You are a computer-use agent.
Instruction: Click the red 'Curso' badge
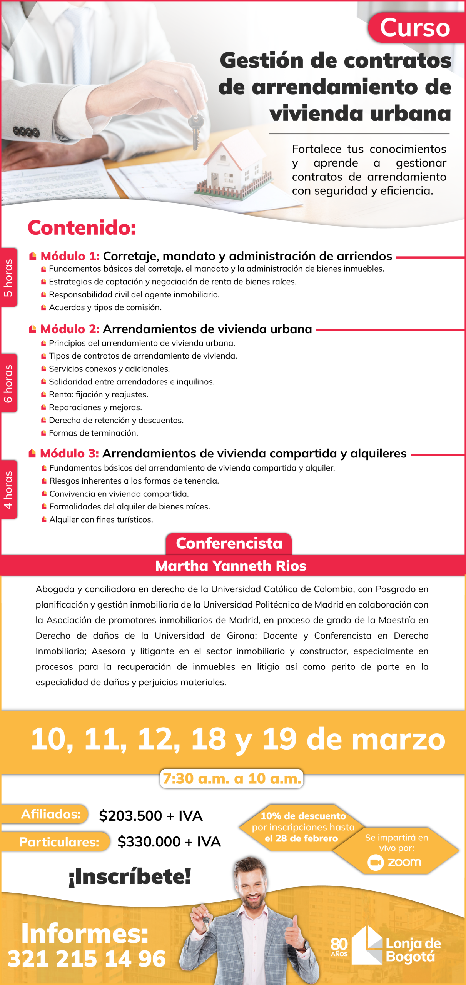click(416, 28)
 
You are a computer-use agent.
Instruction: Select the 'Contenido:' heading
click(82, 227)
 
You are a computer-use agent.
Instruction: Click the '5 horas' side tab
click(8, 278)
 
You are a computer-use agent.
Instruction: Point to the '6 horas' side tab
click(8, 383)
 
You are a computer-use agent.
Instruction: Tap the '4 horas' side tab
click(8, 489)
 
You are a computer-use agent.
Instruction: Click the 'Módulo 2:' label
click(70, 329)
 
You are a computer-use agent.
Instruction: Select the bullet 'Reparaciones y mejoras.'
click(95, 407)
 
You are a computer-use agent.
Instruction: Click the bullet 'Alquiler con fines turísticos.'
click(101, 519)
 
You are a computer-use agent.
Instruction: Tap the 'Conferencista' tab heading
click(229, 543)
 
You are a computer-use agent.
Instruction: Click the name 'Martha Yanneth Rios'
click(230, 566)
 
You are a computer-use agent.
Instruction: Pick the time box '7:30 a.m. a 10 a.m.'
click(232, 778)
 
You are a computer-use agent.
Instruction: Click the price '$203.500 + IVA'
click(150, 816)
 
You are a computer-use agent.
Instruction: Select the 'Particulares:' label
click(59, 842)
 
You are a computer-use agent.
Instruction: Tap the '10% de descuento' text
click(303, 816)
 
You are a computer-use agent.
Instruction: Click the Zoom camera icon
click(376, 863)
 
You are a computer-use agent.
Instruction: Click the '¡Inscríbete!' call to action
click(130, 876)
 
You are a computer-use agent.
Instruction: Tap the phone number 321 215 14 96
click(87, 959)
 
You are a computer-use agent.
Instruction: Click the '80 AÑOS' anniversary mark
click(339, 947)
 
